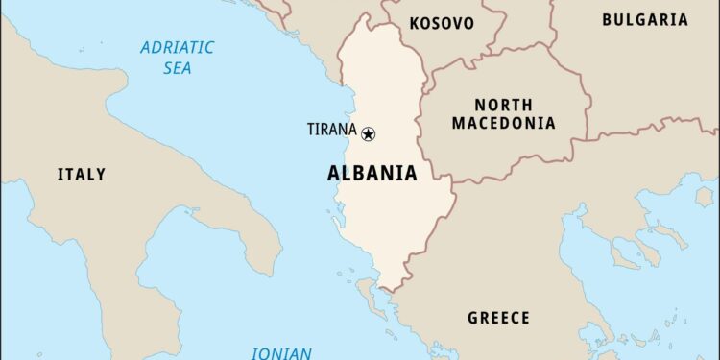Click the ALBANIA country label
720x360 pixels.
click(x=372, y=174)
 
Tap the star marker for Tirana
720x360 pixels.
click(x=368, y=134)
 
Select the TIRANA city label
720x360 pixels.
click(x=331, y=130)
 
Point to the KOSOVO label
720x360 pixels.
click(x=442, y=23)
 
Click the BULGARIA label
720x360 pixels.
click(x=644, y=19)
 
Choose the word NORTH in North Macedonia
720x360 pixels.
click(x=503, y=105)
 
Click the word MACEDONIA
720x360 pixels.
click(x=503, y=123)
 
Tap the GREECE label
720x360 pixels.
click(x=498, y=318)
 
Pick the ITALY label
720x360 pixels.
click(x=82, y=175)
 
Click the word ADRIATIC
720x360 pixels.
click(x=178, y=48)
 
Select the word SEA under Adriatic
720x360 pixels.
click(x=177, y=68)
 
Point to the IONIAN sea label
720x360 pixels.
click(x=281, y=352)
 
